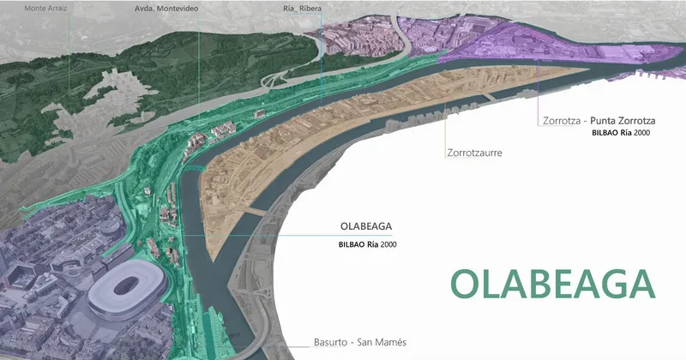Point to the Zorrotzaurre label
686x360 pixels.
pos(473,153)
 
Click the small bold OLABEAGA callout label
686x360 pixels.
pos(366,228)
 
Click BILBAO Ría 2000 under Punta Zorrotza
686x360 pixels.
pos(621,135)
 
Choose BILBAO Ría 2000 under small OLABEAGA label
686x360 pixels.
pos(368,244)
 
